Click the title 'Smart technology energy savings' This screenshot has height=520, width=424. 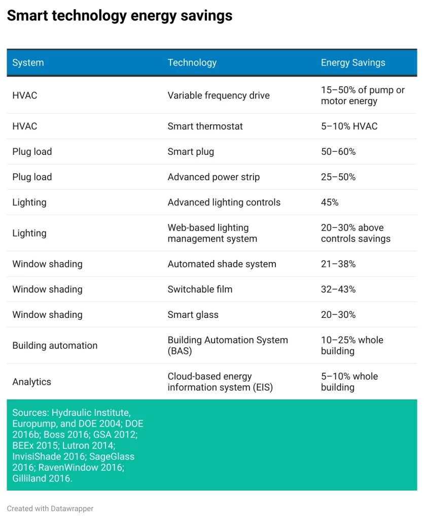click(x=120, y=16)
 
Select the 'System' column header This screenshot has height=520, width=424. click(x=28, y=63)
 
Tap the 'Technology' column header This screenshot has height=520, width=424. click(x=192, y=63)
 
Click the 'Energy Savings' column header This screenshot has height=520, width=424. click(x=353, y=63)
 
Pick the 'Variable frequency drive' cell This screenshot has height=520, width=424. click(x=219, y=95)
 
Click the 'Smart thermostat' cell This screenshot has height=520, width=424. click(x=205, y=126)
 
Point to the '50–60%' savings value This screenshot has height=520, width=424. click(x=338, y=152)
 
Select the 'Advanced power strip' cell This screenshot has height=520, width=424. click(x=214, y=177)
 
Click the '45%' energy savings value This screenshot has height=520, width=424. click(x=330, y=203)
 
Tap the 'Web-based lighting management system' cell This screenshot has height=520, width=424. click(x=213, y=233)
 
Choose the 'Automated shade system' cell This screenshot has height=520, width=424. click(x=222, y=264)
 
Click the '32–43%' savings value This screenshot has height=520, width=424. click(x=338, y=289)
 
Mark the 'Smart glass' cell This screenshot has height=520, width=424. click(x=193, y=315)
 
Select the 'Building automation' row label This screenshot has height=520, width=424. click(x=55, y=346)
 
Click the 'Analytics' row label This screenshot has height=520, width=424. click(x=32, y=382)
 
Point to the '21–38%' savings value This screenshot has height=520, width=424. click(x=338, y=264)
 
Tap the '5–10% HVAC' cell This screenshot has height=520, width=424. click(x=349, y=126)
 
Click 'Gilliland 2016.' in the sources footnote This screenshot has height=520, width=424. click(x=43, y=479)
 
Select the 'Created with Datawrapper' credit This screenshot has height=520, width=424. click(x=50, y=508)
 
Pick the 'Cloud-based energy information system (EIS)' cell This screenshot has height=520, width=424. click(x=220, y=382)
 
